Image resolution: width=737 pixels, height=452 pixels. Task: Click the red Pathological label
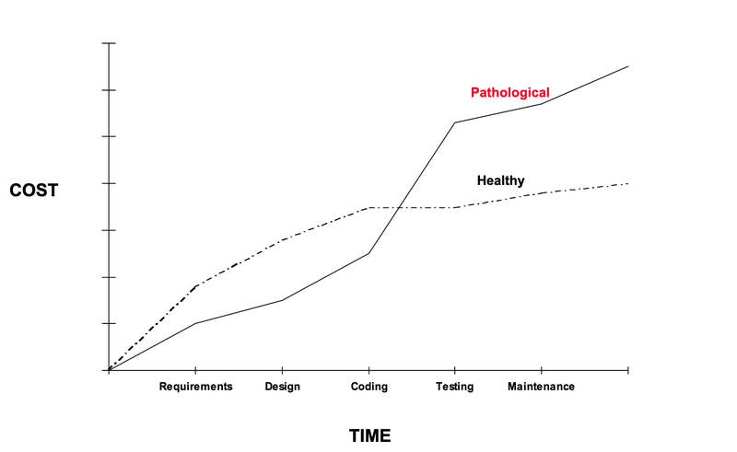[509, 93]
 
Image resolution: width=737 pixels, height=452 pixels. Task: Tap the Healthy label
[500, 180]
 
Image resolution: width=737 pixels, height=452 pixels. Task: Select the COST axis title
[33, 191]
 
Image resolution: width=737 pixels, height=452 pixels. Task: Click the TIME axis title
[369, 435]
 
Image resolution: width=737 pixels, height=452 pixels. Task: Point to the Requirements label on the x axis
[195, 387]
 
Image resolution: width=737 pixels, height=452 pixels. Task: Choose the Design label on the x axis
[282, 387]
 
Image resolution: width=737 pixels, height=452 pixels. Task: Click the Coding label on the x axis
[369, 387]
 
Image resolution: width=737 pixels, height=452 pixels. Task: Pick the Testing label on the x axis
[454, 387]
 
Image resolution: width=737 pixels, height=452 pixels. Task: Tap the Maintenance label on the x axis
[541, 387]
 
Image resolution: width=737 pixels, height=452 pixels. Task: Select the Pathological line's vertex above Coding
[369, 253]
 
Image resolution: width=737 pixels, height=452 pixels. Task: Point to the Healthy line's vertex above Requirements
[196, 286]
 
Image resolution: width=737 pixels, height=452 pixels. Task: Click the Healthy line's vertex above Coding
[369, 208]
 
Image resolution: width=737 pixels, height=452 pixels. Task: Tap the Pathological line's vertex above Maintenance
[542, 103]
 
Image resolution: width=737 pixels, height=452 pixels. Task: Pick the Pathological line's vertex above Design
[282, 300]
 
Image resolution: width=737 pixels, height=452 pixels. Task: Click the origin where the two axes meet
[109, 370]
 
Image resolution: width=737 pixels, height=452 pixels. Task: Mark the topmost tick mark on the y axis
[109, 43]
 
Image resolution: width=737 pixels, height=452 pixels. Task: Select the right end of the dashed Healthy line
[628, 183]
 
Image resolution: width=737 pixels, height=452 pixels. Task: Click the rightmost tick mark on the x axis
[628, 370]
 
